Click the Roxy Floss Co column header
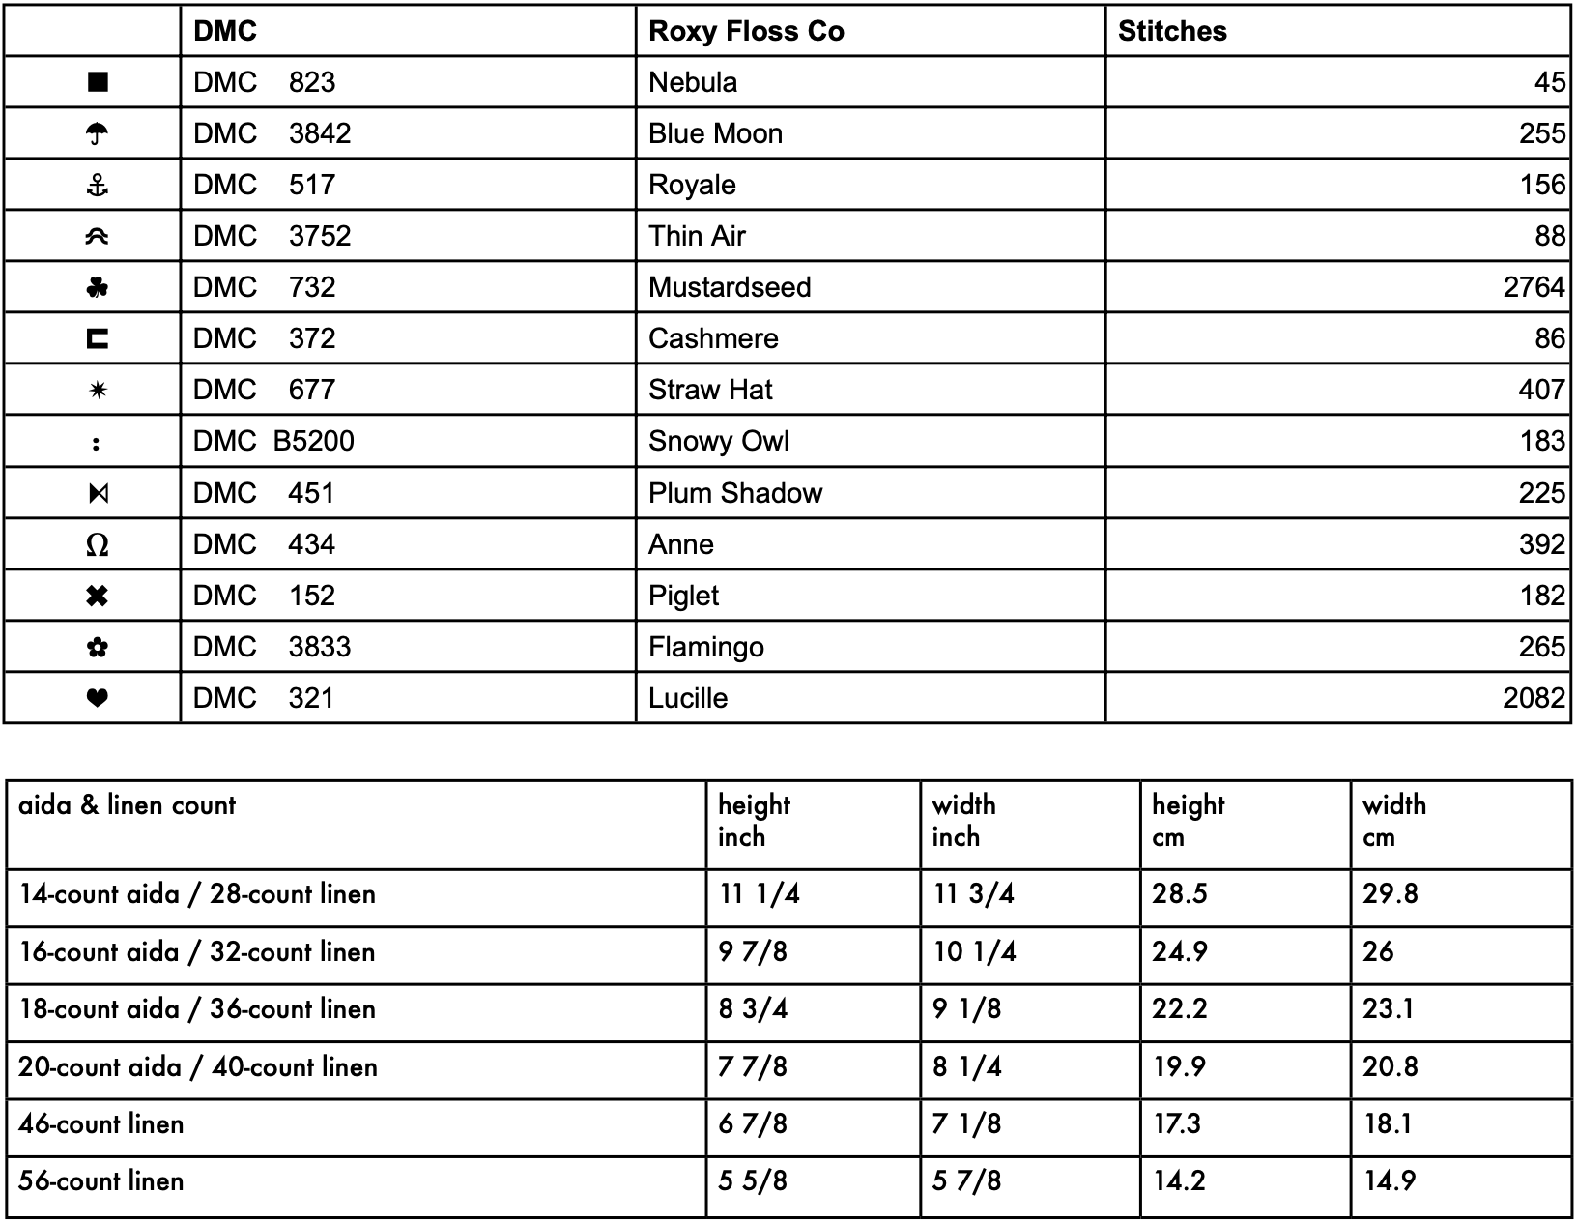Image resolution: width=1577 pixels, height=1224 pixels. [x=746, y=31]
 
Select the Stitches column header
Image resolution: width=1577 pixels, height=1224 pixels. [x=1172, y=31]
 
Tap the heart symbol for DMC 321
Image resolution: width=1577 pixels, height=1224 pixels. [x=97, y=697]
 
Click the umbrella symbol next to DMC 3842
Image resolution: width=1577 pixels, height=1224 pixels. [x=97, y=133]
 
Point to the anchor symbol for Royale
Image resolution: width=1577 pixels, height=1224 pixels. [x=97, y=185]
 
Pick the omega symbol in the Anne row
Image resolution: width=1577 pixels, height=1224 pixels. [x=97, y=545]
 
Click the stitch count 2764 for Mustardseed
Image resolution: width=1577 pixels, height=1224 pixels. [x=1534, y=287]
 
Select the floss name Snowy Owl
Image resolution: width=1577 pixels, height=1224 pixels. [x=718, y=441]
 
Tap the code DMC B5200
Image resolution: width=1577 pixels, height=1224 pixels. [x=273, y=441]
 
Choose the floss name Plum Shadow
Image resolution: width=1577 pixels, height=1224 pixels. [x=734, y=493]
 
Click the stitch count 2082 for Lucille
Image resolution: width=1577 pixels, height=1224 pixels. [x=1534, y=698]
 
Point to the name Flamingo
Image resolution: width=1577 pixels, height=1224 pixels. [x=705, y=647]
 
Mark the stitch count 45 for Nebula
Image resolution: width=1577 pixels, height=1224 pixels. [x=1549, y=82]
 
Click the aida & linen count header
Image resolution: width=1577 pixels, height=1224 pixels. [x=127, y=805]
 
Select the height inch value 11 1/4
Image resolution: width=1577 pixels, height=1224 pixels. [x=759, y=893]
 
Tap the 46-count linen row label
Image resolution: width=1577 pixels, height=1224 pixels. [x=100, y=1124]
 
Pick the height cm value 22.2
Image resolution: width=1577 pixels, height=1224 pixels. [x=1179, y=1009]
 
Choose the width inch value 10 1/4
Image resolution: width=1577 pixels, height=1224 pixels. [x=973, y=952]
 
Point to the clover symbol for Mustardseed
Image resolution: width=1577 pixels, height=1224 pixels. [x=97, y=287]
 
